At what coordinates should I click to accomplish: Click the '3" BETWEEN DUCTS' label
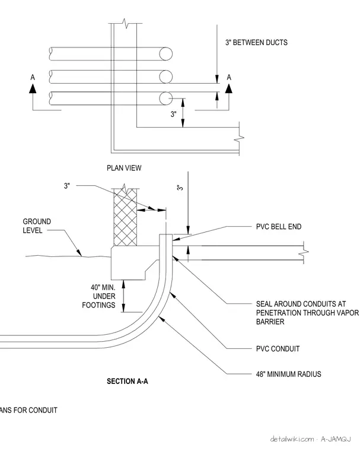[x=256, y=43]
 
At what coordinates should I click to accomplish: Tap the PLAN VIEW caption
[x=124, y=168]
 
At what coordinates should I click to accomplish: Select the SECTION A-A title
[x=128, y=382]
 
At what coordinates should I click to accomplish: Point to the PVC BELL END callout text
[x=279, y=227]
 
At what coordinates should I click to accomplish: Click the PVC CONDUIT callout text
[x=278, y=349]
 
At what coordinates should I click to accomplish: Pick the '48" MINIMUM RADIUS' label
[x=288, y=374]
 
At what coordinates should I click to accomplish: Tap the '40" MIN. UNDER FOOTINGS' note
[x=98, y=296]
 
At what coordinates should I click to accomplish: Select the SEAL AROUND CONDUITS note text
[x=307, y=313]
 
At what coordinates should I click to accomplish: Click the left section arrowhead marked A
[x=33, y=88]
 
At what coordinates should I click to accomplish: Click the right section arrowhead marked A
[x=228, y=88]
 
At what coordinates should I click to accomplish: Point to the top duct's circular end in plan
[x=166, y=54]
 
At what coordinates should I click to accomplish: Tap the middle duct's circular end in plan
[x=166, y=77]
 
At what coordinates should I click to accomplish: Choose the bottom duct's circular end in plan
[x=166, y=99]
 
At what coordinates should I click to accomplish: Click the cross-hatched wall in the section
[x=125, y=217]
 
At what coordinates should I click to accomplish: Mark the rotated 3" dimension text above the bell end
[x=180, y=188]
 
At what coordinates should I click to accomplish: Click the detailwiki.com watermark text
[x=292, y=439]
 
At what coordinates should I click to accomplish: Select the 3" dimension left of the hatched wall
[x=66, y=186]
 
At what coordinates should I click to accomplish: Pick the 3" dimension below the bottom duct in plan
[x=173, y=114]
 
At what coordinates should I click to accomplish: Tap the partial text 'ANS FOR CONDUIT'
[x=28, y=410]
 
